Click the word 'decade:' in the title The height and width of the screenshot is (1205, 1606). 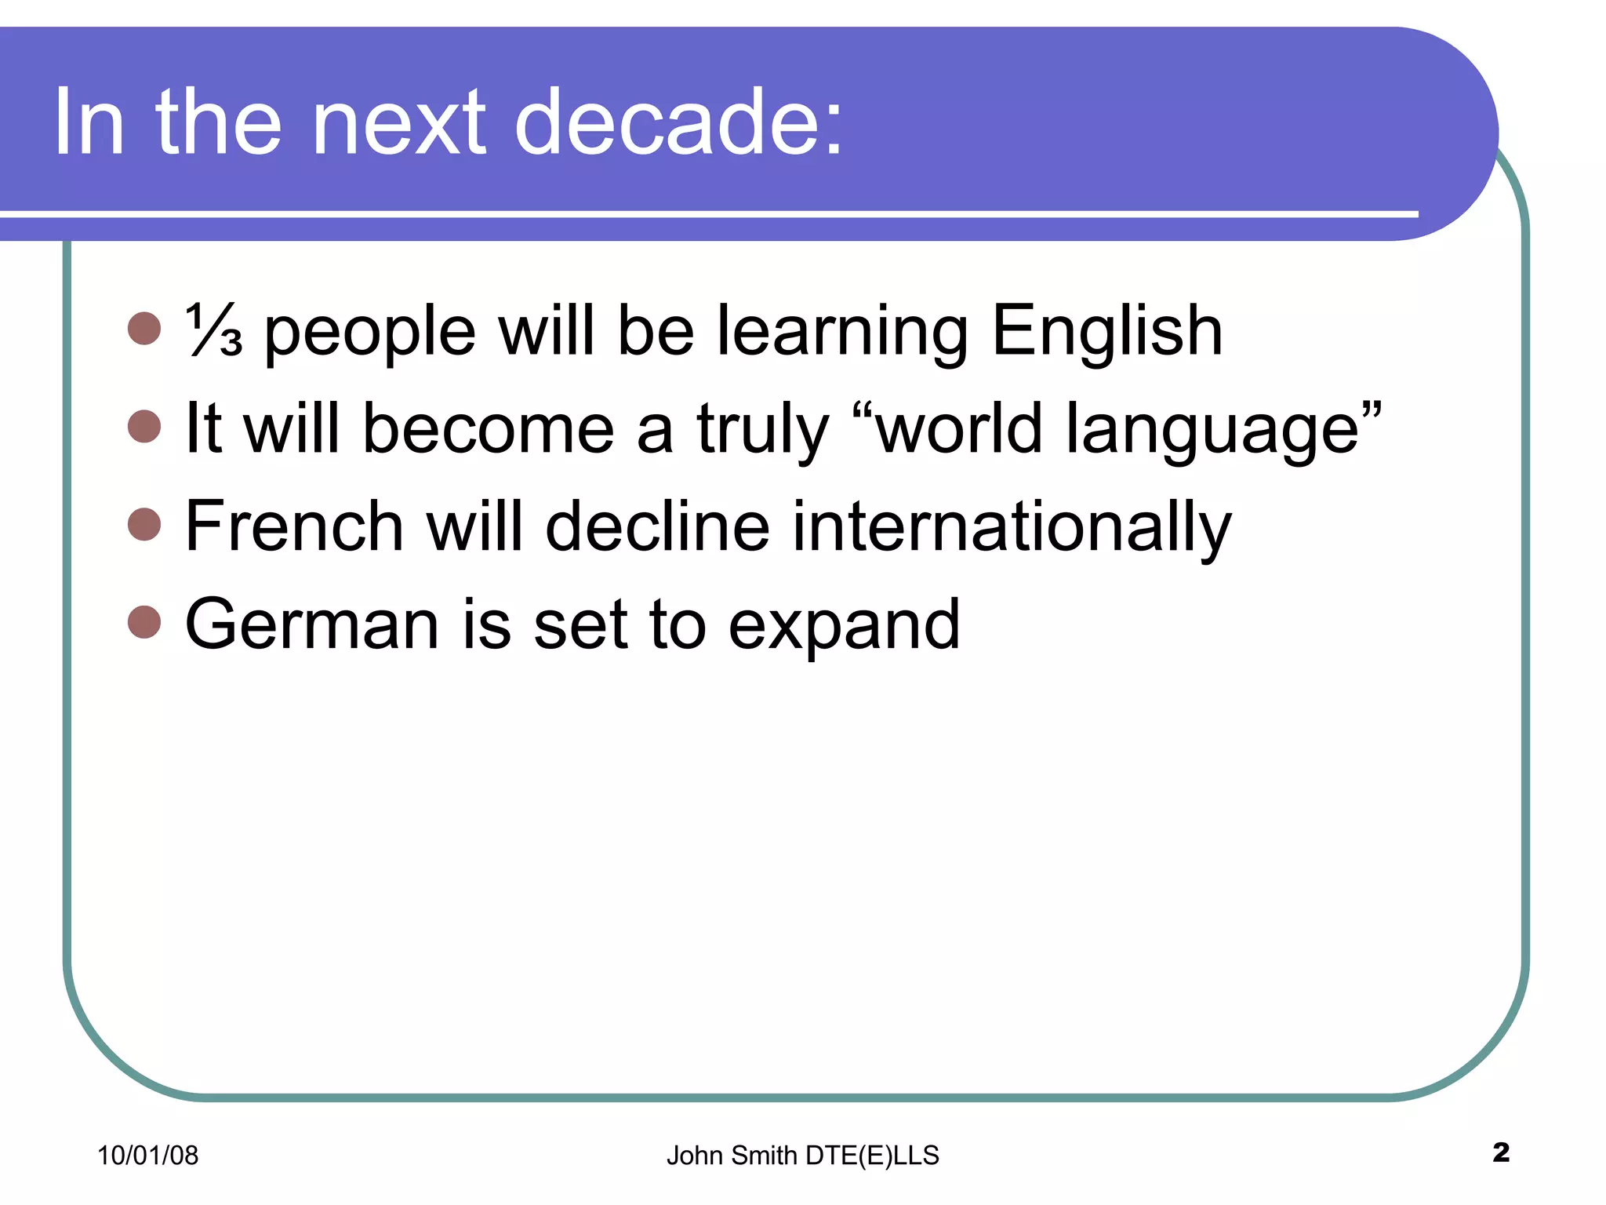(x=678, y=122)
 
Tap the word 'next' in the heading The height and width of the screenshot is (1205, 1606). (x=399, y=122)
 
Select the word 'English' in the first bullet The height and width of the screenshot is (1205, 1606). (x=1106, y=330)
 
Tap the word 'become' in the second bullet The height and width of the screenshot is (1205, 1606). (x=488, y=428)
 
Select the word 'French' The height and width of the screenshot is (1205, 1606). (x=294, y=526)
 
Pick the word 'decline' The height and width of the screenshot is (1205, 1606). (x=657, y=526)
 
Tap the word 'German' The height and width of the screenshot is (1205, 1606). (x=311, y=624)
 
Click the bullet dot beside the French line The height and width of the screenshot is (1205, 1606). (x=144, y=524)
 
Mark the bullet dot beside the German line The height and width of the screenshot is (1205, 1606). (x=144, y=622)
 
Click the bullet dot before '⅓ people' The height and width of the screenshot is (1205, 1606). (x=144, y=328)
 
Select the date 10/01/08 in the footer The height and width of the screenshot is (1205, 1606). (x=147, y=1155)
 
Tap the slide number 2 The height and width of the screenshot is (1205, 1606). (x=1501, y=1152)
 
